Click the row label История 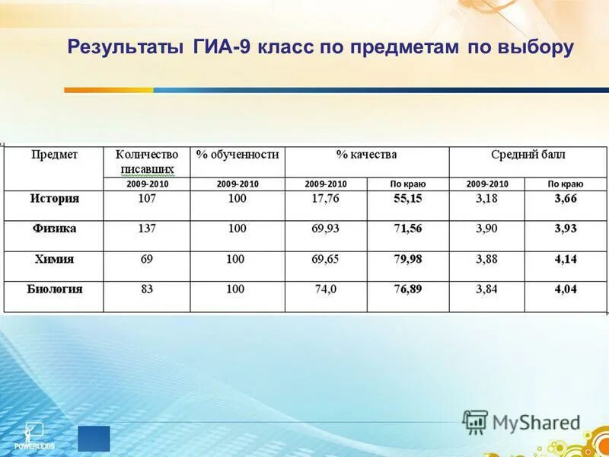coord(54,199)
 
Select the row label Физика coord(54,228)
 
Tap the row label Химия coord(54,259)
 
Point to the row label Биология coord(54,289)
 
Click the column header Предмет coord(54,155)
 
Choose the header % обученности coord(238,155)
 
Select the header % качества coord(366,155)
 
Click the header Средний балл coord(528,155)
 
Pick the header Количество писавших coord(147,161)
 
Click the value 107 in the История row coord(147,199)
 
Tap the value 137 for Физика coord(147,228)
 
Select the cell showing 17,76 coord(325,199)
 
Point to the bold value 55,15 coord(407,199)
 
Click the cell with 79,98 coord(407,259)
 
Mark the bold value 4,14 coord(566,259)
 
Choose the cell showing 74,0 coord(325,289)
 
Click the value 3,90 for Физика coord(486,228)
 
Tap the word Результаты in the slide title coord(123,47)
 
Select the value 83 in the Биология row coord(147,289)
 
